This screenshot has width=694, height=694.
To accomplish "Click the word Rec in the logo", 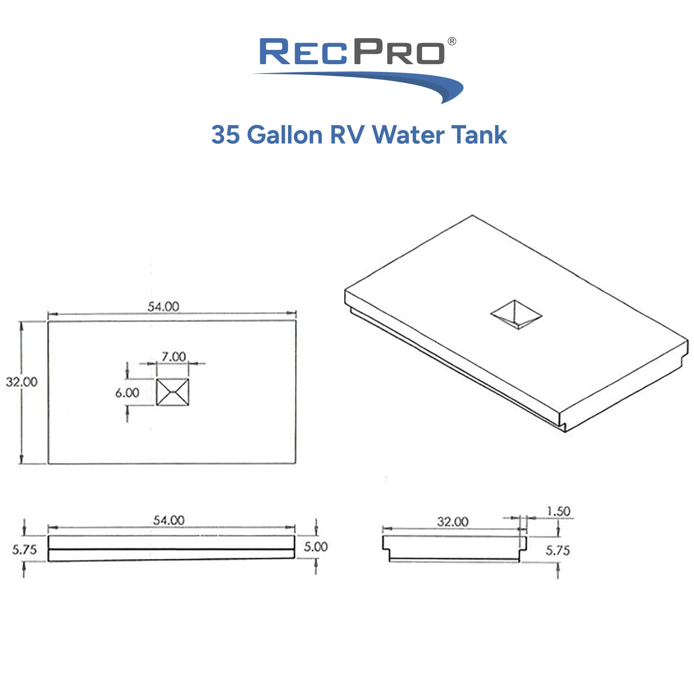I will [x=303, y=52].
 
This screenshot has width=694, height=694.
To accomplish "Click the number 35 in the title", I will [x=225, y=135].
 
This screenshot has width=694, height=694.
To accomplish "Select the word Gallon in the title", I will [x=285, y=135].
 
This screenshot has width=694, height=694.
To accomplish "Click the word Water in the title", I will [x=408, y=135].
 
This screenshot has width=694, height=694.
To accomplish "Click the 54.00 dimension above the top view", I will [x=163, y=306].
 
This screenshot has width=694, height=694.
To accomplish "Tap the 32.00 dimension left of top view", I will [x=22, y=382].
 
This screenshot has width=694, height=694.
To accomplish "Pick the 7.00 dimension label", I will [x=173, y=357].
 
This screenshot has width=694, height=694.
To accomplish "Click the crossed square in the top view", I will [x=172, y=392].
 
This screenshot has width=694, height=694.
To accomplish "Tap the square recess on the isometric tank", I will [x=516, y=315].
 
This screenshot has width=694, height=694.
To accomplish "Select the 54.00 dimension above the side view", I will [x=169, y=520].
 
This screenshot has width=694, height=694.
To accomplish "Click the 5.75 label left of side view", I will [x=24, y=550].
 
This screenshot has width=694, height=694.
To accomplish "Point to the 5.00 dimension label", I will [x=316, y=547].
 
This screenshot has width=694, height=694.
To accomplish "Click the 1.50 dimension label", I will [x=558, y=511].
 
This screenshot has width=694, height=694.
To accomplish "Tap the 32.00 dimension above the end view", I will [x=452, y=522].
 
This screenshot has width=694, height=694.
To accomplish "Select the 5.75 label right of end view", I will [x=558, y=550].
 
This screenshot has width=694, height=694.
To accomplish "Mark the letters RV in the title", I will [x=347, y=135].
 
